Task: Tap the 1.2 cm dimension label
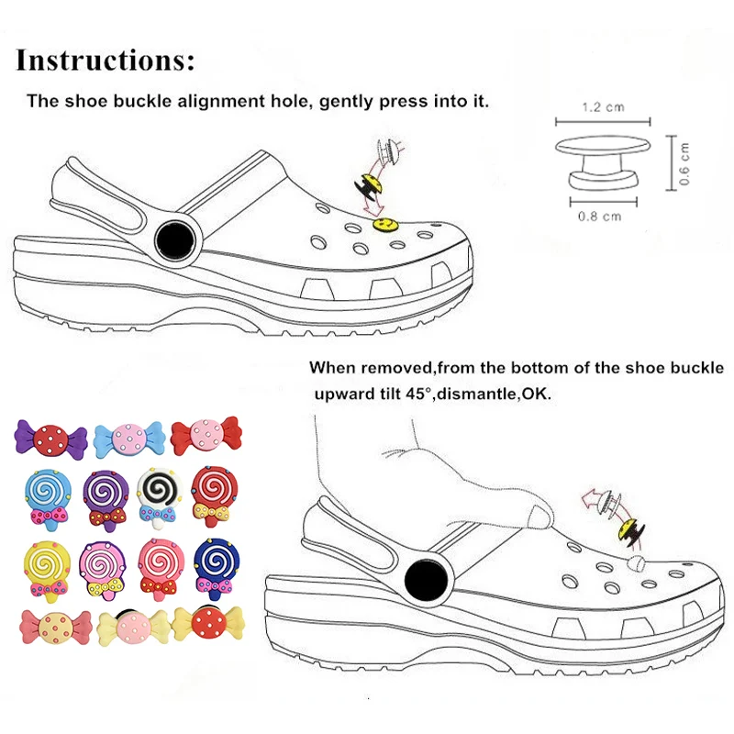click(x=603, y=107)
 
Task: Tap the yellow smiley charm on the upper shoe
click(x=384, y=223)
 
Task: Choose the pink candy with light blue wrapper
click(x=128, y=434)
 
